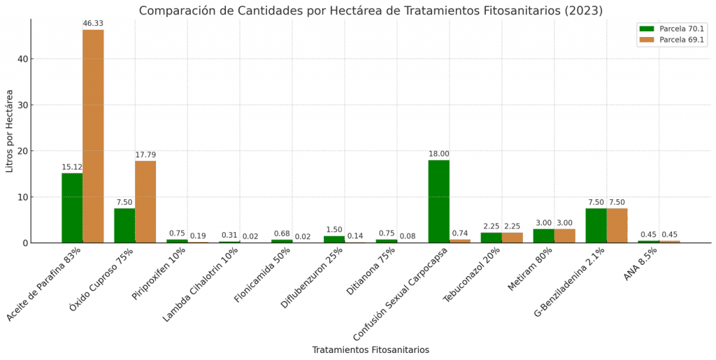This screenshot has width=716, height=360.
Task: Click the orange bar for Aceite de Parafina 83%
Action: click(93, 136)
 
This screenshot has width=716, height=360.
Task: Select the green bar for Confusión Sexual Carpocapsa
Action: click(438, 201)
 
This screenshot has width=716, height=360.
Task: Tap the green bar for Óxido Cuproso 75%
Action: click(124, 225)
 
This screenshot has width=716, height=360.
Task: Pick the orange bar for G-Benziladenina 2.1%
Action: click(617, 225)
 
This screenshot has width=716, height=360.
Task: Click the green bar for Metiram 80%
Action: click(543, 236)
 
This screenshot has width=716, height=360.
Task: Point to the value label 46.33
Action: click(93, 24)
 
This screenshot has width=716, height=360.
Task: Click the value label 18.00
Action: click(438, 154)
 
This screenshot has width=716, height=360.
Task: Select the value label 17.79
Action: click(145, 154)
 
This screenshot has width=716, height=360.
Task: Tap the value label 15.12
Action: click(72, 167)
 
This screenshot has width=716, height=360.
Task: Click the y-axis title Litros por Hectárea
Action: click(10, 131)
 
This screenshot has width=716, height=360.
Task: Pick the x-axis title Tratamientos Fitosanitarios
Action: click(371, 350)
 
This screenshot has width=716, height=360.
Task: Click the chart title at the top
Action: click(371, 10)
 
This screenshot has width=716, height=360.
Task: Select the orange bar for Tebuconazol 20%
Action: click(512, 238)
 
